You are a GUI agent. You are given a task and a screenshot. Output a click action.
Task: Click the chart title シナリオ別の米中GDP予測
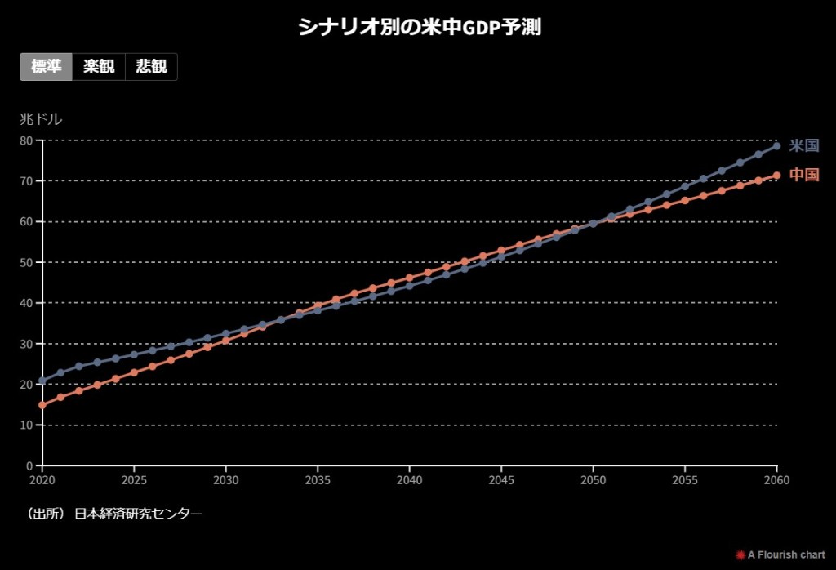tap(419, 27)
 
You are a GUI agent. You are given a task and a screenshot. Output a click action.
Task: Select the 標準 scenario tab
tap(47, 67)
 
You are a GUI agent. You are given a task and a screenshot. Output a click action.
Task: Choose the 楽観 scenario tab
tap(99, 67)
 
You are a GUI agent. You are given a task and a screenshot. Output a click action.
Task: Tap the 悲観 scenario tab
tap(151, 67)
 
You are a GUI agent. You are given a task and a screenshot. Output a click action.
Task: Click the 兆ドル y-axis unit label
tap(41, 119)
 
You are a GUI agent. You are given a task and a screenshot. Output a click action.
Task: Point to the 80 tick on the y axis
tap(25, 140)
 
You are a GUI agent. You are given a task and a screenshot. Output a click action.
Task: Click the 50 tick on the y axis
tap(25, 262)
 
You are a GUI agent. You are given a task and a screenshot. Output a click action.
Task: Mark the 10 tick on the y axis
tap(25, 425)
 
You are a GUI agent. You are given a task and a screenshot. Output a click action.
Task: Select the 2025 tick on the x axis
tap(134, 479)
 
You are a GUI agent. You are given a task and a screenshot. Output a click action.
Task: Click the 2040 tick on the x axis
tap(409, 479)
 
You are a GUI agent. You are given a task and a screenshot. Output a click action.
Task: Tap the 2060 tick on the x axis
tap(776, 479)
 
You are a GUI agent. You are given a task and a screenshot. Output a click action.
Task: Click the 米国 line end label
tap(804, 146)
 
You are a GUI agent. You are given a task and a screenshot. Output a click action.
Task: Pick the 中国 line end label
tap(804, 175)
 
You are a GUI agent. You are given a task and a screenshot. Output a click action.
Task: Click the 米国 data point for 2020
tap(42, 381)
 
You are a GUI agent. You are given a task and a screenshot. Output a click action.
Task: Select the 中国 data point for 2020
tap(42, 405)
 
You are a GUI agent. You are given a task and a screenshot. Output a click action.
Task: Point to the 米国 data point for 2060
tap(776, 146)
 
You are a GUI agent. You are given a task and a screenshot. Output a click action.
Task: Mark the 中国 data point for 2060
tap(776, 175)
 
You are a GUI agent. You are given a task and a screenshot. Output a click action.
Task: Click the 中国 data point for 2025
tap(134, 372)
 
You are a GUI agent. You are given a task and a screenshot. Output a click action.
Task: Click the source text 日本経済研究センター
tap(137, 514)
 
